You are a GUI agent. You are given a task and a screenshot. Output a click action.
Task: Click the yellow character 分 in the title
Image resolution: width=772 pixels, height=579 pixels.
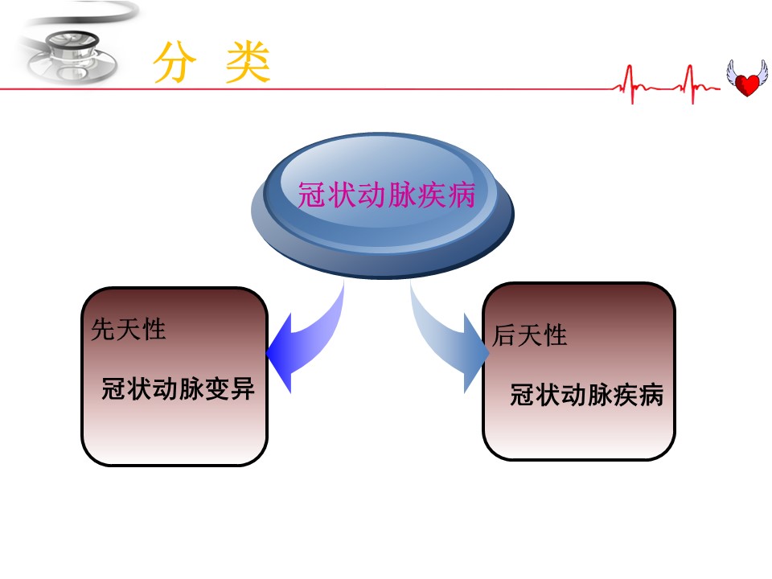(175, 62)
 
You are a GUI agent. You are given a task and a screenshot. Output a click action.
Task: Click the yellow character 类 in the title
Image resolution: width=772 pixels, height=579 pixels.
(248, 62)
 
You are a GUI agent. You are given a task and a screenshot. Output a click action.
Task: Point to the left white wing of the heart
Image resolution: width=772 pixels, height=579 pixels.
(733, 72)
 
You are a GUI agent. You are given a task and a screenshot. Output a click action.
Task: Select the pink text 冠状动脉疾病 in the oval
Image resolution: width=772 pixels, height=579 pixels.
(387, 195)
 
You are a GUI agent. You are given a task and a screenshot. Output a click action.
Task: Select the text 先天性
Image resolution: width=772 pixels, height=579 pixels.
(129, 329)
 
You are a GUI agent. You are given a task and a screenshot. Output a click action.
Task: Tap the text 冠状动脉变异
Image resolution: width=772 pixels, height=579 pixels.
(179, 388)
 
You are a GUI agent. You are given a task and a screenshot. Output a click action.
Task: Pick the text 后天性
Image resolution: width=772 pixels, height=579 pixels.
(530, 335)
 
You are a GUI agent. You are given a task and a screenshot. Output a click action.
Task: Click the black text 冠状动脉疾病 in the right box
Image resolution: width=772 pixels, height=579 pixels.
(587, 395)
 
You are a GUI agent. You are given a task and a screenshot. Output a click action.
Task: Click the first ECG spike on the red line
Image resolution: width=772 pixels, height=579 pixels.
(630, 84)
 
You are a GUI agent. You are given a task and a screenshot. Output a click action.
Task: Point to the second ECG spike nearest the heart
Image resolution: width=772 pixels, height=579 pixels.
(691, 84)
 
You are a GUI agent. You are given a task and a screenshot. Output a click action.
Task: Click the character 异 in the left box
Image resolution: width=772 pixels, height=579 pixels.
(242, 388)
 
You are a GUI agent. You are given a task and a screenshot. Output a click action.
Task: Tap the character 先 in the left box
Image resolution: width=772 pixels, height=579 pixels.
(104, 329)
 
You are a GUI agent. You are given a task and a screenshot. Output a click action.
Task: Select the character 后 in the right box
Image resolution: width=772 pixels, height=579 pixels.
(505, 335)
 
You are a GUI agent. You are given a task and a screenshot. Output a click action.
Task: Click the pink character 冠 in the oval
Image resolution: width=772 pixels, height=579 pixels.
(312, 195)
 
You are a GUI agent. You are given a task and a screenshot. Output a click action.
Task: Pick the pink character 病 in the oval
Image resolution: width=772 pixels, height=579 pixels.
(462, 195)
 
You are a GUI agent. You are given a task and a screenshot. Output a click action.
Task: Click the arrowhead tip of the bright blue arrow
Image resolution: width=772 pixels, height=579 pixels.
(267, 352)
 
